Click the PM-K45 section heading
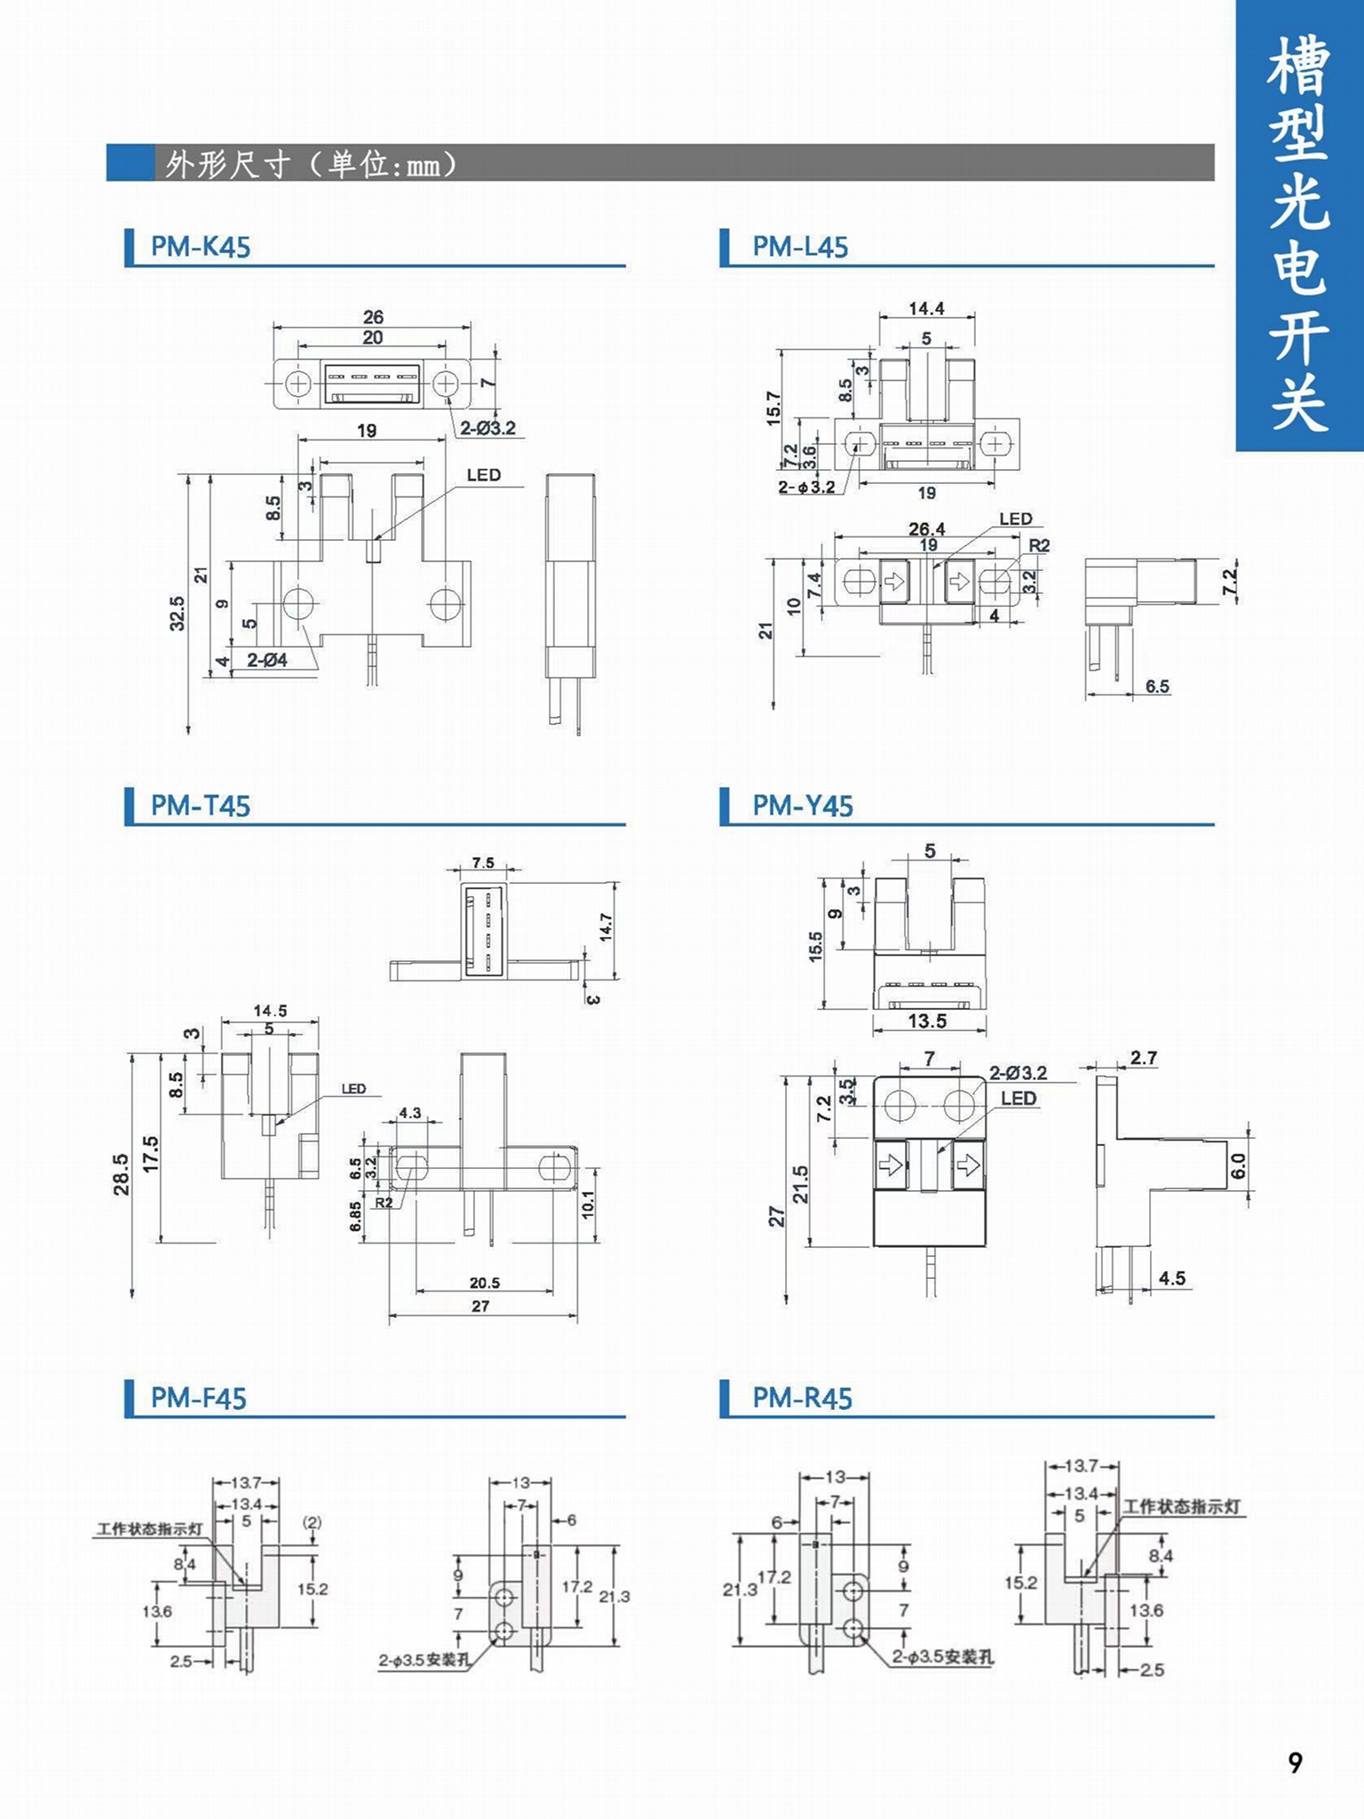tap(201, 246)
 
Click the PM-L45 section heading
tap(800, 246)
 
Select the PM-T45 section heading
tap(201, 806)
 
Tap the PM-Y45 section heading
tap(802, 806)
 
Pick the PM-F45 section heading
tap(198, 1398)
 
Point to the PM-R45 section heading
tap(802, 1398)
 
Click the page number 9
tap(1295, 1762)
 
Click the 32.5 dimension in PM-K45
tap(178, 613)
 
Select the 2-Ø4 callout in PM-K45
tap(267, 660)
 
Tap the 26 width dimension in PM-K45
tap(373, 316)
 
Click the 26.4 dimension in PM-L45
tap(926, 528)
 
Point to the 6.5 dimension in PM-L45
tap(1157, 686)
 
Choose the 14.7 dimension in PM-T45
tap(606, 927)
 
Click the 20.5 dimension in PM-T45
tap(485, 1283)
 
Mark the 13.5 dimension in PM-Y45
tap(927, 1021)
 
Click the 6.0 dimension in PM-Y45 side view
tap(1239, 1165)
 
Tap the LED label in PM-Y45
tap(1019, 1098)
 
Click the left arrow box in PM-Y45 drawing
tap(891, 1164)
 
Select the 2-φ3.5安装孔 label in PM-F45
tap(424, 1659)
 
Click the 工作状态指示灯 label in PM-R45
tap(1181, 1506)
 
